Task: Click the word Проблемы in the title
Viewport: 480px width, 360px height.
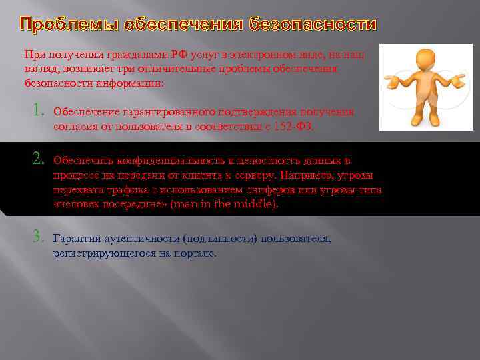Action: [61, 25]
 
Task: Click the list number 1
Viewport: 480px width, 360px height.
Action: [39, 111]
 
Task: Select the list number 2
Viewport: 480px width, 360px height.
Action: [39, 159]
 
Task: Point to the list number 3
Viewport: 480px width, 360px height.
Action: [39, 237]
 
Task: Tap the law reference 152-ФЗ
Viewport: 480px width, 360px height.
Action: [293, 127]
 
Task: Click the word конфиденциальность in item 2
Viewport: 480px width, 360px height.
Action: [167, 161]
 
